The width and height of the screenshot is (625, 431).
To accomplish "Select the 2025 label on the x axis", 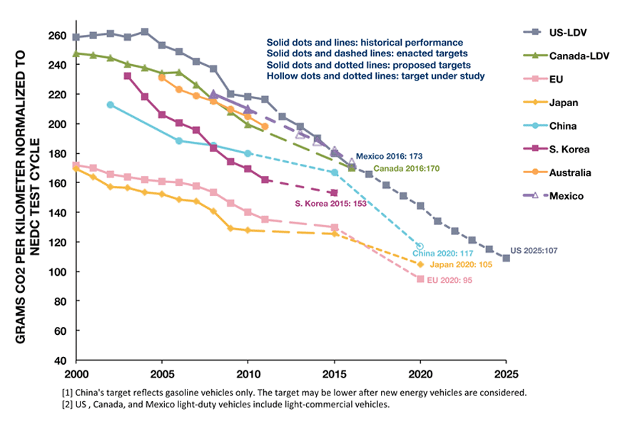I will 506,373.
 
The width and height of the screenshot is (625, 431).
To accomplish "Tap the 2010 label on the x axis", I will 248,373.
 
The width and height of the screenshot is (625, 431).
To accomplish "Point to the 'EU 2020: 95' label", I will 449,280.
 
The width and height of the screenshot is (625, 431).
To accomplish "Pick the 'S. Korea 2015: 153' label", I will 331,203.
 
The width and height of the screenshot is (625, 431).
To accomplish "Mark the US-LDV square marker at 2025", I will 506,258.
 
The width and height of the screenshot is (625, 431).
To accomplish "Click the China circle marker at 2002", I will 110,105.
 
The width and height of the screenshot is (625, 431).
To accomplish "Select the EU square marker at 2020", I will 420,279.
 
